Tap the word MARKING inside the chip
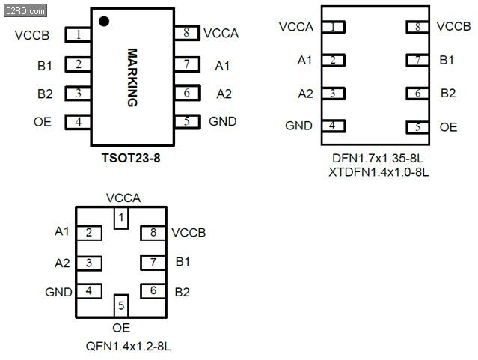tap(132, 78)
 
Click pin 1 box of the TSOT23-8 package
tap(78, 34)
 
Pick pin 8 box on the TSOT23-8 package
tap(186, 33)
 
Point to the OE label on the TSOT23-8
tap(43, 121)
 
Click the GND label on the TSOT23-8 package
tap(223, 121)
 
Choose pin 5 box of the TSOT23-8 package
tap(186, 121)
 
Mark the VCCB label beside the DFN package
tap(453, 27)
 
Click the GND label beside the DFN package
tap(299, 126)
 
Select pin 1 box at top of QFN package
tap(121, 218)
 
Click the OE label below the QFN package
tap(121, 328)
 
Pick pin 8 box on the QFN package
tap(153, 234)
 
